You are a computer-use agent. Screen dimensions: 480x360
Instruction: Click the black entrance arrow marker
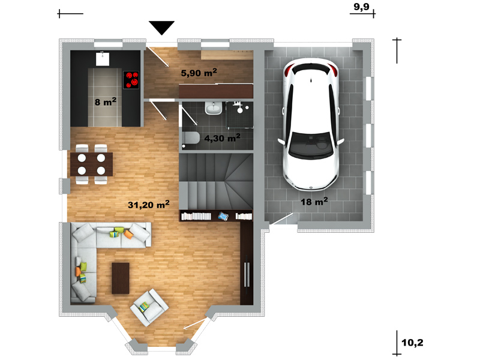pos(161,28)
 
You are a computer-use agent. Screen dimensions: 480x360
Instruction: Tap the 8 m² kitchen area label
pos(106,101)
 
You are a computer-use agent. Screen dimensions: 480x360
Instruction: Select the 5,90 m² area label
pos(199,73)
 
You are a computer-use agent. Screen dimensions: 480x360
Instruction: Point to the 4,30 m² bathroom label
pos(222,138)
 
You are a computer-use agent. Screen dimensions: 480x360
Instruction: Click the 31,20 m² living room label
pos(148,204)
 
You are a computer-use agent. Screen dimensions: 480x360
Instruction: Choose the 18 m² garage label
pos(314,202)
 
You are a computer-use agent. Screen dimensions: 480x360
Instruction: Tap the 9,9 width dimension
pos(362,7)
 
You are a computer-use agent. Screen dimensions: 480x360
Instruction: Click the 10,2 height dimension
pos(412,342)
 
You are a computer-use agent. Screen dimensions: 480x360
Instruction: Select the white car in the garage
pos(311,124)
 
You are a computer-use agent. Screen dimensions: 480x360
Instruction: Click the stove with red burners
pos(131,80)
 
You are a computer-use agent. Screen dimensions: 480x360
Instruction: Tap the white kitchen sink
pos(103,59)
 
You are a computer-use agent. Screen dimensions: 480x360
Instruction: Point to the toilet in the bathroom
pos(191,139)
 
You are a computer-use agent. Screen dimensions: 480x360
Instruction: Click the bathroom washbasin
pos(214,108)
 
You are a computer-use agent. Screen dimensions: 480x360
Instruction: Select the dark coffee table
pos(121,278)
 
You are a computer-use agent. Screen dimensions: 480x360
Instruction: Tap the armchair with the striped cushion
pos(149,307)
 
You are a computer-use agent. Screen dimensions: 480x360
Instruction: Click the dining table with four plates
pos(92,164)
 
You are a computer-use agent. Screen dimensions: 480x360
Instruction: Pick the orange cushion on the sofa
pos(128,234)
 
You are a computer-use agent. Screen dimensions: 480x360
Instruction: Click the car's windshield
pos(311,145)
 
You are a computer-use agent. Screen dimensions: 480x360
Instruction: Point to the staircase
pos(216,181)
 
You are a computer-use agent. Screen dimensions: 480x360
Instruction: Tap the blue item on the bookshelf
pos(223,217)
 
